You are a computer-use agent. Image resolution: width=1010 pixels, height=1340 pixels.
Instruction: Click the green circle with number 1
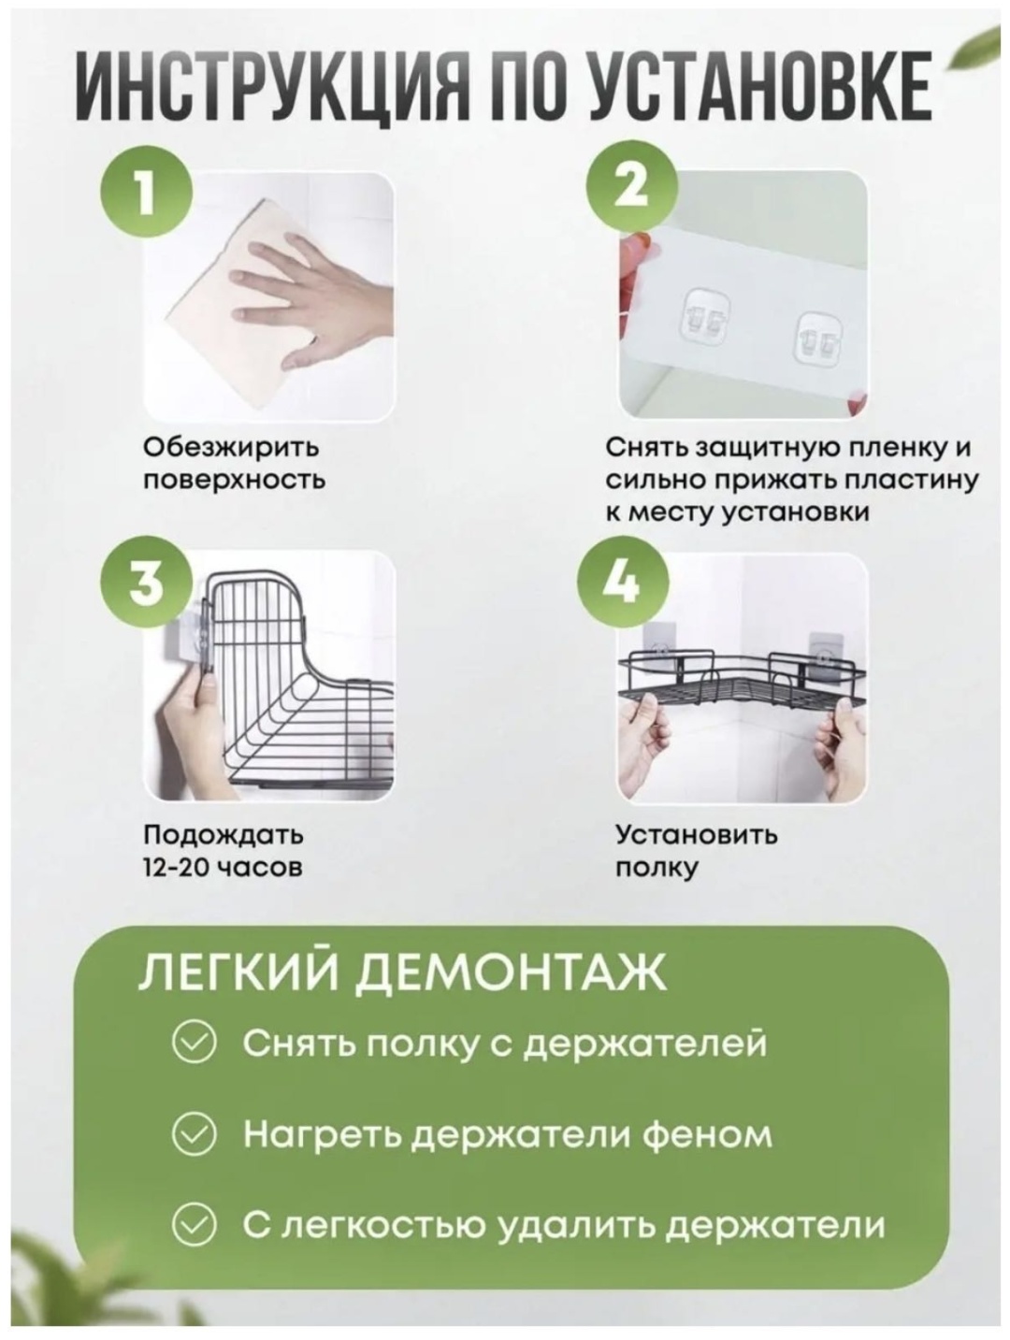point(147,191)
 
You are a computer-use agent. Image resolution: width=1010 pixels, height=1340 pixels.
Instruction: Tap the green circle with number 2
point(631,186)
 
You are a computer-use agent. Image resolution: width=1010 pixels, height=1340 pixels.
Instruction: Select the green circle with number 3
point(147,583)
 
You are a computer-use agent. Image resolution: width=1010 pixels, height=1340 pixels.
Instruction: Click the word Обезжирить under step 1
point(231,448)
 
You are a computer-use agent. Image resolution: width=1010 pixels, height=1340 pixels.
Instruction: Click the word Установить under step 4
point(697,834)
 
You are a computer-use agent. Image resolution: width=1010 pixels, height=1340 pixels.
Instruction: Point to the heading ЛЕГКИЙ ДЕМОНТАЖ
point(403,973)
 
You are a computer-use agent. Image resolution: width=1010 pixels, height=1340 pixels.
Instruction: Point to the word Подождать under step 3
point(223,834)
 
